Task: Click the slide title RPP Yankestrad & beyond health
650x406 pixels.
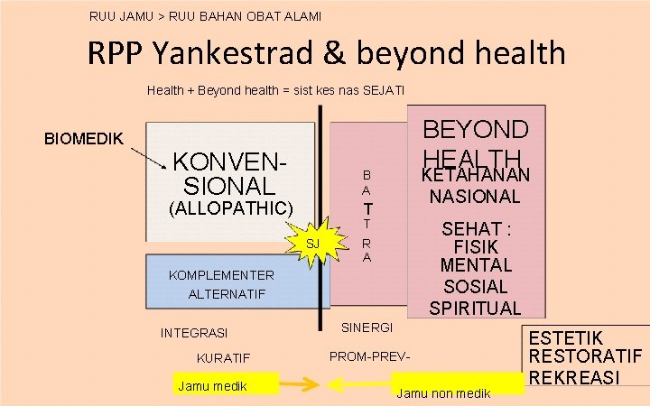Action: [x=327, y=53]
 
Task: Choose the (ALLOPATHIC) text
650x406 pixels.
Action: [x=231, y=208]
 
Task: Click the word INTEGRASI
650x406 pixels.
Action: [x=194, y=333]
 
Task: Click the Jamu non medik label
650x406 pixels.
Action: [x=443, y=392]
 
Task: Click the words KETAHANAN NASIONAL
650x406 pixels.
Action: [x=477, y=185]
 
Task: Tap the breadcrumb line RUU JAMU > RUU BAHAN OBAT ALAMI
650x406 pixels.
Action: [x=205, y=15]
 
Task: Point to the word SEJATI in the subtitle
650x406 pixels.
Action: [x=384, y=90]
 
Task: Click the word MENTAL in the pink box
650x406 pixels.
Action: [x=476, y=265]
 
